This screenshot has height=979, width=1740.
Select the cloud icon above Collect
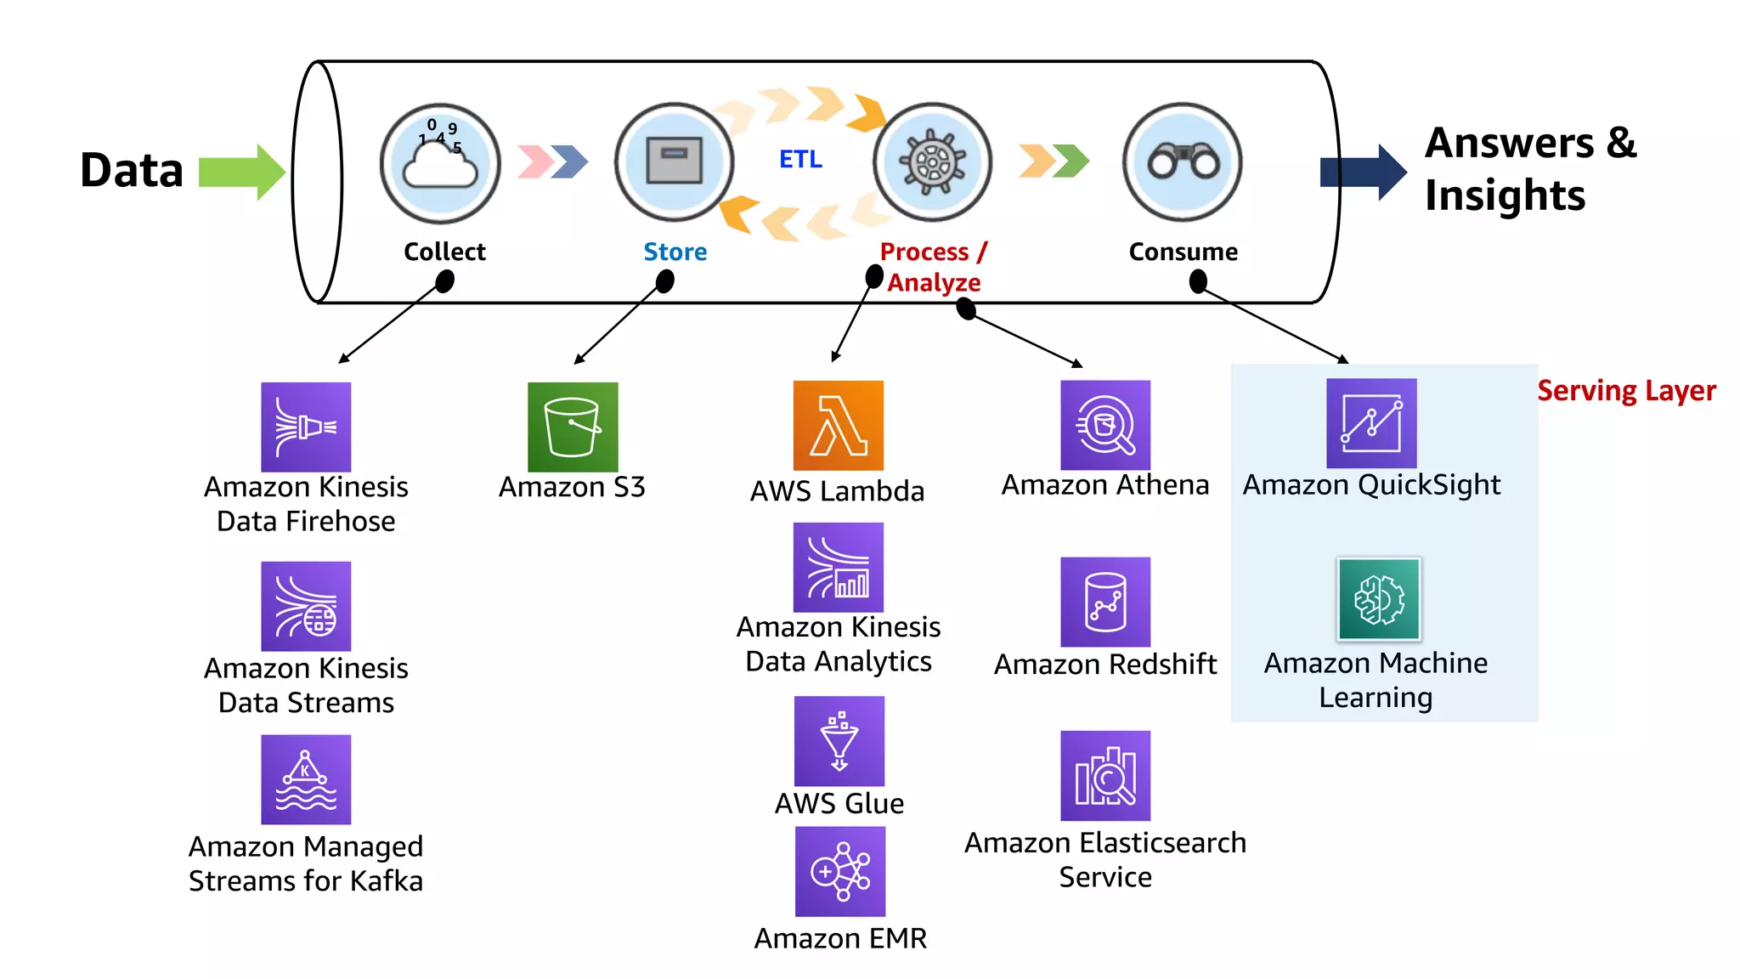click(x=440, y=163)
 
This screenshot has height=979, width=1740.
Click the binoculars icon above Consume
click(x=1183, y=161)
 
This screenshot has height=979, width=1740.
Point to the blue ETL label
click(x=800, y=159)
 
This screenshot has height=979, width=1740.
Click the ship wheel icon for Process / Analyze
click(x=933, y=161)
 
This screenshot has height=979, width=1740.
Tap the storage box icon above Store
click(x=675, y=161)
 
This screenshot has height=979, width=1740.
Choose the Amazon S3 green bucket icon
click(x=573, y=427)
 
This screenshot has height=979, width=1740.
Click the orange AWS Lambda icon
click(x=838, y=425)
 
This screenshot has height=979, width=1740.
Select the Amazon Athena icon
click(x=1105, y=425)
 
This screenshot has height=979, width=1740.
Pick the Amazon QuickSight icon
click(x=1371, y=423)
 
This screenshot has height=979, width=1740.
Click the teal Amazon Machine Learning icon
click(x=1379, y=599)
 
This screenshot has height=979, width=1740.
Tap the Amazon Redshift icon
click(x=1105, y=602)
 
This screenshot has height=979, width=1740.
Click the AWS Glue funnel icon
click(x=839, y=741)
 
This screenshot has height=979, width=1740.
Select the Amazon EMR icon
click(x=839, y=872)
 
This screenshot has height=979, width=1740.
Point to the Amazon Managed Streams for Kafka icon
click(x=306, y=779)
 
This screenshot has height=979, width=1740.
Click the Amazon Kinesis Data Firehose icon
click(x=306, y=427)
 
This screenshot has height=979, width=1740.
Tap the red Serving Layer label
click(x=1626, y=391)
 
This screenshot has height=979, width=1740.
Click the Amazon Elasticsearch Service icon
click(x=1105, y=776)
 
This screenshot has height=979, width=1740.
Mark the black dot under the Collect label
click(x=444, y=281)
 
